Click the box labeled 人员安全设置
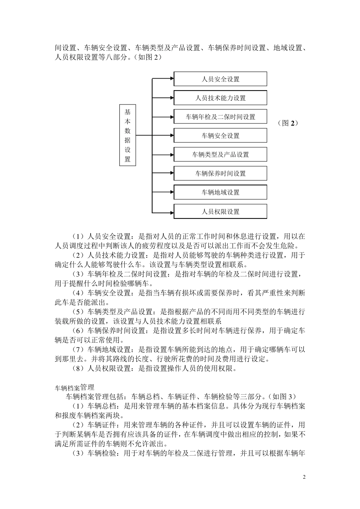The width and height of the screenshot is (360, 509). [x=220, y=79]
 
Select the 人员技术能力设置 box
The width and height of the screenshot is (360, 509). [x=220, y=98]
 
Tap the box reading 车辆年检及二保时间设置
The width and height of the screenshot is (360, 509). [x=220, y=117]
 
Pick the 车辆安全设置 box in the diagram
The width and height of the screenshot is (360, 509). [x=220, y=136]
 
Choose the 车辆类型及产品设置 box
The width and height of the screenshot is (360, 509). [x=220, y=155]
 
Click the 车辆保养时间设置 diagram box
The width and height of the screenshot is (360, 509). [x=220, y=173]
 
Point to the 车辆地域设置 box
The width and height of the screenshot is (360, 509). [x=220, y=192]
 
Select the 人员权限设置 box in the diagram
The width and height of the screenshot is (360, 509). [x=220, y=211]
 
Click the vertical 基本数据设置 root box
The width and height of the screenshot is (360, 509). [x=127, y=135]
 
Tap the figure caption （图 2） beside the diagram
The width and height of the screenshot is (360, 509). [x=288, y=123]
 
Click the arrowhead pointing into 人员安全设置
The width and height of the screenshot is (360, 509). [x=171, y=79]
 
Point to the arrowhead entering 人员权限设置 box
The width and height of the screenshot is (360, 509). [x=171, y=211]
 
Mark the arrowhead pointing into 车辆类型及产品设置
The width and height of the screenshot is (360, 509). [x=171, y=155]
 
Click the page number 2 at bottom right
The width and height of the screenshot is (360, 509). [x=304, y=477]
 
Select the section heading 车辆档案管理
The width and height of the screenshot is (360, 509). [x=74, y=387]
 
